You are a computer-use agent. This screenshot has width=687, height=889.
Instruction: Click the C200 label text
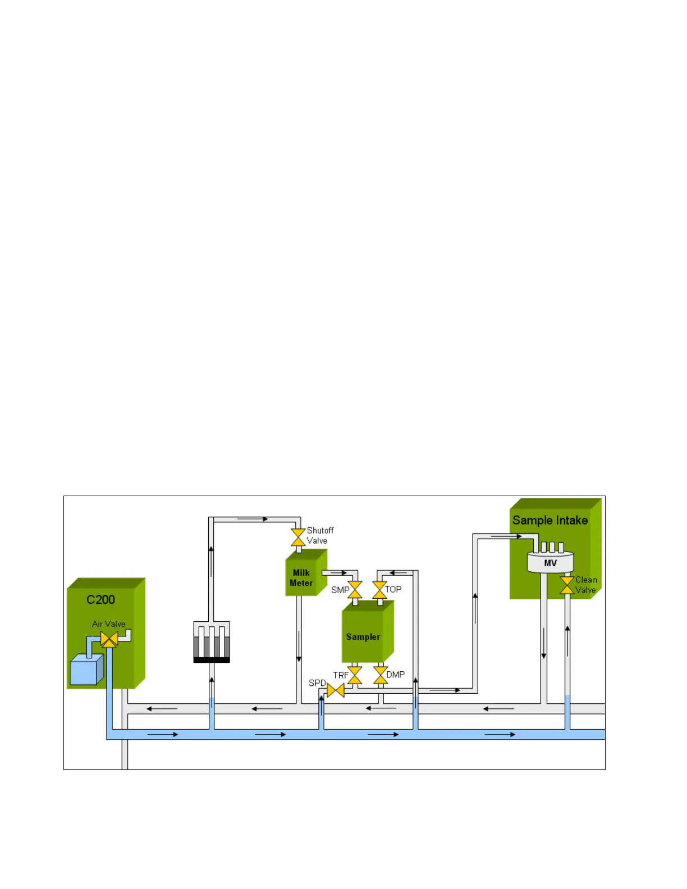point(100,600)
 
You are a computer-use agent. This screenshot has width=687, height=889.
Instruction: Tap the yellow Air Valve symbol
point(109,639)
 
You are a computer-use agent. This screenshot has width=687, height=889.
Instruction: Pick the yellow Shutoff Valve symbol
point(298,537)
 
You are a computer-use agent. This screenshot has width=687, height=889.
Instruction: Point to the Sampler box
point(363,636)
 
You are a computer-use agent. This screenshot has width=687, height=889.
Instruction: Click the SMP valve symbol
point(355,590)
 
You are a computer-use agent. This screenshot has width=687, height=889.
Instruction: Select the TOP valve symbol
point(379,590)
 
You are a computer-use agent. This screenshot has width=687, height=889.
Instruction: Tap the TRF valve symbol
point(355,675)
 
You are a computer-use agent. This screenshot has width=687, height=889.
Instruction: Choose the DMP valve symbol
point(380,675)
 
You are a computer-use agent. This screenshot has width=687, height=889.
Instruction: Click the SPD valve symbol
point(336,690)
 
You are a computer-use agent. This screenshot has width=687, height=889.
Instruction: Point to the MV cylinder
point(550,562)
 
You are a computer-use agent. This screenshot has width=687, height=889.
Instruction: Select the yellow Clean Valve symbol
point(567,585)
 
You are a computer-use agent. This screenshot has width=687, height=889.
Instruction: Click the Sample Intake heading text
point(550,520)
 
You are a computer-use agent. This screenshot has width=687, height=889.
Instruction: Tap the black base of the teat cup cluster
point(212,660)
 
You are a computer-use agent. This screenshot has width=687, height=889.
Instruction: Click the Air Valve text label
point(109,624)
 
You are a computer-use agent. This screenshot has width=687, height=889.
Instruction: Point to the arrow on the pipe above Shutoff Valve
point(253,519)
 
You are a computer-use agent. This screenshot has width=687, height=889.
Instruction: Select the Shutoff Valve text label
point(320,535)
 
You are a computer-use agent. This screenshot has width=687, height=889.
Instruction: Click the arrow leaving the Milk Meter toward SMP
point(338,573)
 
